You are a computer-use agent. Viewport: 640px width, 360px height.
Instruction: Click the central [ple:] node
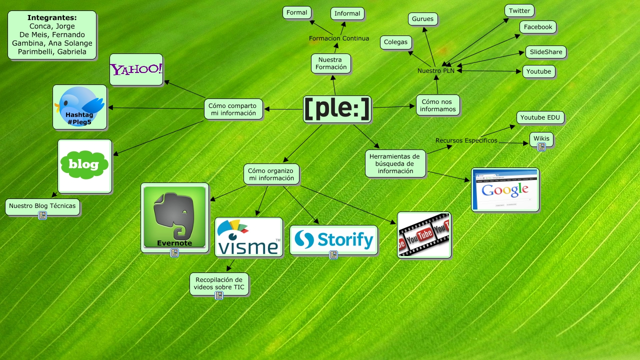pos(337,109)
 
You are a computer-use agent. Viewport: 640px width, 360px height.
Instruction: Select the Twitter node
pos(519,11)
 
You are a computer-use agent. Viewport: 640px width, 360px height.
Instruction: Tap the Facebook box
pos(537,27)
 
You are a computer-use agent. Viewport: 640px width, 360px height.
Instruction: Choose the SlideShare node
pos(545,52)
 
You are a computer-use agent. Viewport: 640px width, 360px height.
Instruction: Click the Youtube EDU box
pos(540,118)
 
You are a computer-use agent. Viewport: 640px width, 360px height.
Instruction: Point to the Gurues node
pos(423,19)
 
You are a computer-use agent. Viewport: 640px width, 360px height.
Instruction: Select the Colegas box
pos(396,42)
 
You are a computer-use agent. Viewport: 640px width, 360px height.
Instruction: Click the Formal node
pos(297,13)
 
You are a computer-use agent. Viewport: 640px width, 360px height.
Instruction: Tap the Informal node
pos(347,13)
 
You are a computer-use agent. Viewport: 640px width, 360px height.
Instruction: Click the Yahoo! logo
pos(136,69)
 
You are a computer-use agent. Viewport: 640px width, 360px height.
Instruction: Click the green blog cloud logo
pos(84,165)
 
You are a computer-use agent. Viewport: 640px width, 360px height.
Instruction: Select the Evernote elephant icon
pos(174,217)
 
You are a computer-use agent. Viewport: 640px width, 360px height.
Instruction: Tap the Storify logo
pos(333,239)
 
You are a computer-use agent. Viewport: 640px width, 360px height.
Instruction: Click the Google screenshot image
pos(505,189)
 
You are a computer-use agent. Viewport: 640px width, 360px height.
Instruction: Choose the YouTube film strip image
pos(424,235)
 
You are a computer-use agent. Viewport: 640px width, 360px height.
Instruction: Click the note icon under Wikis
pos(541,147)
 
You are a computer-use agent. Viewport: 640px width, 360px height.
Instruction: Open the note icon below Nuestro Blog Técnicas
pos(42,215)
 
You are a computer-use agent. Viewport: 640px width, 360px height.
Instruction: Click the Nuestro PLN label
pos(436,71)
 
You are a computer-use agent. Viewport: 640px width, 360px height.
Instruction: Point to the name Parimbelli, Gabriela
pos(52,51)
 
